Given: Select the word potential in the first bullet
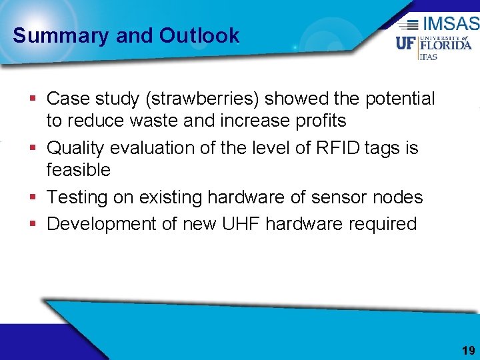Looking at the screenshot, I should click(399, 99).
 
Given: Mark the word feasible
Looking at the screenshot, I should click(78, 169).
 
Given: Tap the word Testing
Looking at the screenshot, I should click(83, 197).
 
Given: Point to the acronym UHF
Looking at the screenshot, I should click(239, 224).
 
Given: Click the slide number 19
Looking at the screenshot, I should click(468, 350).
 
